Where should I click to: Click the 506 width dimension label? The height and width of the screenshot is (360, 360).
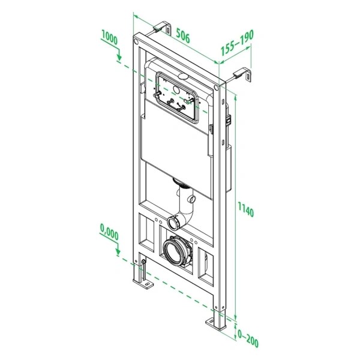pyautogui.click(x=183, y=37)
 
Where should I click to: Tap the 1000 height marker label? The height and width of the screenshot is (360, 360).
pyautogui.click(x=109, y=36)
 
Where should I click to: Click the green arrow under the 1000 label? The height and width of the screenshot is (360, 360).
pyautogui.click(x=119, y=57)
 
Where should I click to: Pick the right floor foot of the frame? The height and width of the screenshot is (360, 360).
pyautogui.click(x=215, y=324)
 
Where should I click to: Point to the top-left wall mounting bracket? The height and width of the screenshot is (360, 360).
pyautogui.click(x=161, y=26)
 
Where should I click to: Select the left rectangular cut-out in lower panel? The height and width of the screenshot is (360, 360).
pyautogui.click(x=148, y=234)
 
